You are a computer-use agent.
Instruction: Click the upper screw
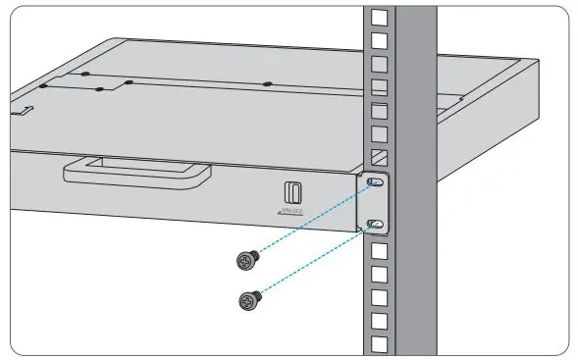(247, 261)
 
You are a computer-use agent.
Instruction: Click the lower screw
(247, 299)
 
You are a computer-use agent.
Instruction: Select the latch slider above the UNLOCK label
(292, 191)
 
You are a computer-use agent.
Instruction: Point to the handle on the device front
(137, 173)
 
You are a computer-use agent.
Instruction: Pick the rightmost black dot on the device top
(267, 83)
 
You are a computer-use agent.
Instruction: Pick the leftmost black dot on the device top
(86, 75)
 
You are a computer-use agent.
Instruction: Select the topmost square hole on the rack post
(379, 18)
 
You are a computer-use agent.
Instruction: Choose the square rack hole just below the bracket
(379, 249)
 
